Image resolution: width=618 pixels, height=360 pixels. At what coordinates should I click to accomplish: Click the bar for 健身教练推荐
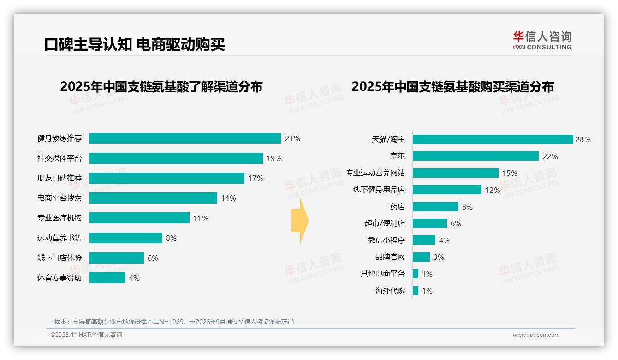click(184, 138)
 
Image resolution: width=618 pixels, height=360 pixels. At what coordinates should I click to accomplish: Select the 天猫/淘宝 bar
click(493, 139)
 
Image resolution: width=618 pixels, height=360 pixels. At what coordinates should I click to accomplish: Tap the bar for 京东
click(475, 156)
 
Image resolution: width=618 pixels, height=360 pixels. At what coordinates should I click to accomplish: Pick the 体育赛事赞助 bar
click(107, 278)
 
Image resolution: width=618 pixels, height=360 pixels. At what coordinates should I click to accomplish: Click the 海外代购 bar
click(416, 291)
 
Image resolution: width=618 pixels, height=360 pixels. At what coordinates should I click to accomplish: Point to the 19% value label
click(274, 158)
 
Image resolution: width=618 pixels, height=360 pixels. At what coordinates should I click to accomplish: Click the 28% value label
click(583, 139)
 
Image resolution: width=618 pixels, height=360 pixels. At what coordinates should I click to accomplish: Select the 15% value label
click(510, 173)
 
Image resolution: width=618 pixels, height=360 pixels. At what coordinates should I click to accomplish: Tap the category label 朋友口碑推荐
click(59, 178)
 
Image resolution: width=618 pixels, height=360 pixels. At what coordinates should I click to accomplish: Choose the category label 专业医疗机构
click(59, 218)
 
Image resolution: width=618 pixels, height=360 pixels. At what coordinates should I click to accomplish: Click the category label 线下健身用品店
click(379, 190)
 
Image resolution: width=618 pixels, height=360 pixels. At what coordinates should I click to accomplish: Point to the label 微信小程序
click(386, 240)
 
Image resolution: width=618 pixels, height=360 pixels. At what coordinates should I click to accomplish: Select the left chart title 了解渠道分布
click(161, 87)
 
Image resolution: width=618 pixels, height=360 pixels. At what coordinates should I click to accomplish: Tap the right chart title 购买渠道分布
click(452, 87)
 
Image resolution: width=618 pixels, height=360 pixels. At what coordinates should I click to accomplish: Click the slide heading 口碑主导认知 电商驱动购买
click(134, 45)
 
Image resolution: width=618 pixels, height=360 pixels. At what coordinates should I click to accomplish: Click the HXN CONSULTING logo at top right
click(542, 41)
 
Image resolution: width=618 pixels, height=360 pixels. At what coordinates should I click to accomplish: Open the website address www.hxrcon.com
click(536, 335)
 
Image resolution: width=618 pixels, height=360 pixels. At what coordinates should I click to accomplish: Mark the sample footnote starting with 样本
click(174, 322)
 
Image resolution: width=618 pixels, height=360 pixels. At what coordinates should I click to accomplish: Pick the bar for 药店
click(435, 207)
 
